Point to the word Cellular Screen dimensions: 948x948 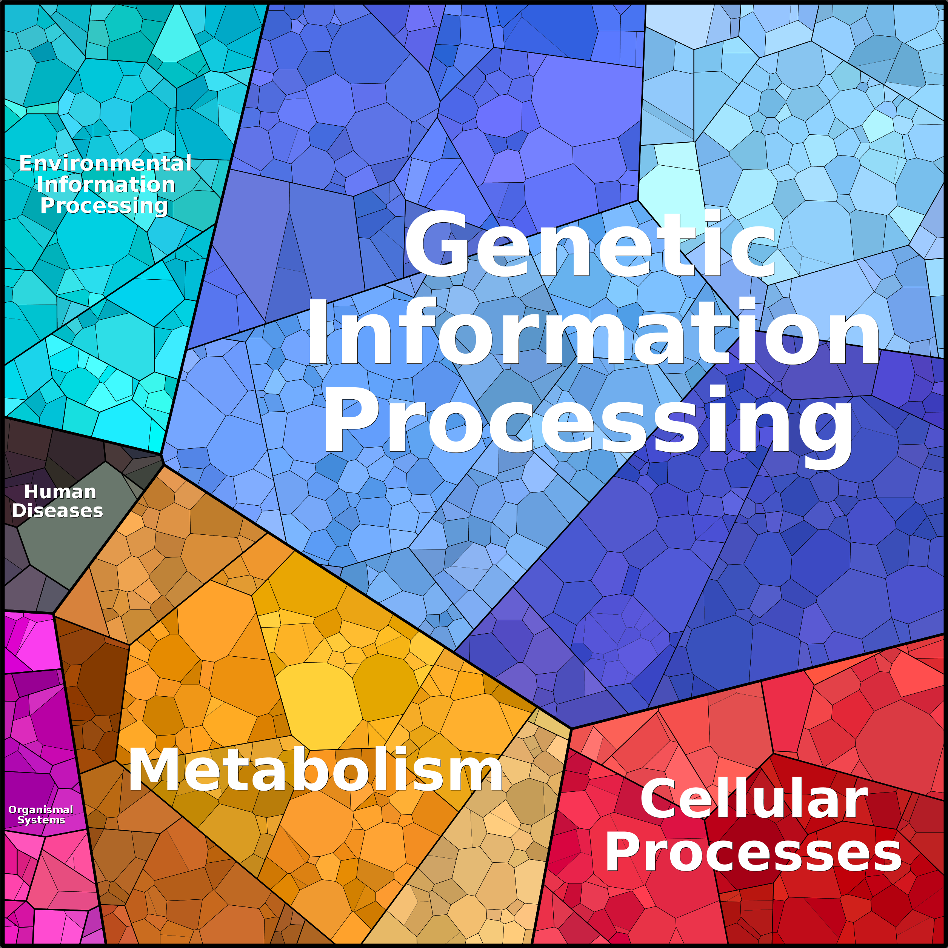(x=754, y=799)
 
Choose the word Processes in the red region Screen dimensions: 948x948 (x=753, y=853)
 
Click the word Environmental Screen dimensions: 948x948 (x=105, y=163)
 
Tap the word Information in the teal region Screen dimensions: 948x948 (x=106, y=185)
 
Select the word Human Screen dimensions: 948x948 (x=60, y=492)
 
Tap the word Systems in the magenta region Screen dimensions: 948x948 (x=41, y=820)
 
